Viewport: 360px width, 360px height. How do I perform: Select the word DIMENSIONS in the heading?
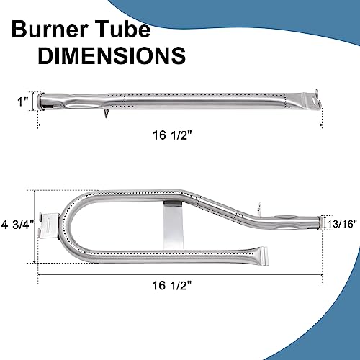(x=112, y=55)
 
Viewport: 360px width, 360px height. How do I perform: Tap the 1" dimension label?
(x=23, y=102)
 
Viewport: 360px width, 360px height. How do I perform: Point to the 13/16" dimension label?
(x=342, y=224)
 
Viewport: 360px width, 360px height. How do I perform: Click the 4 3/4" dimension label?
(x=18, y=225)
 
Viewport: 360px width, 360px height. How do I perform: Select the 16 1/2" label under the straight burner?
(x=173, y=135)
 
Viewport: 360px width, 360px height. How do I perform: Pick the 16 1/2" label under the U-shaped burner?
(x=172, y=285)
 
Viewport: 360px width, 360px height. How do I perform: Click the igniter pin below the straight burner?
(x=106, y=113)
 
